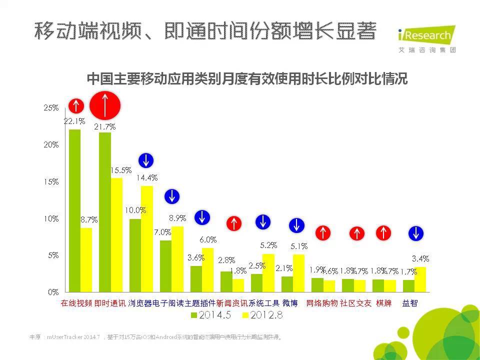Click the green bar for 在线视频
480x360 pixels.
click(74, 210)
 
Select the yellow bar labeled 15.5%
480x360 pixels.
click(116, 235)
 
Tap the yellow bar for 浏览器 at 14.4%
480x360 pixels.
click(147, 239)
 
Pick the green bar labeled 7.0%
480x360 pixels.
click(165, 266)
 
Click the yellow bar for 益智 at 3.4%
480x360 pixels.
click(421, 279)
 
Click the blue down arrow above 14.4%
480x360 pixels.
click(145, 160)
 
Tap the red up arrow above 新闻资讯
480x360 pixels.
click(234, 223)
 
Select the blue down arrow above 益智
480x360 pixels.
click(415, 233)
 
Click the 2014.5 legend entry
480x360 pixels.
click(210, 315)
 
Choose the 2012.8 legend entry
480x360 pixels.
click(262, 315)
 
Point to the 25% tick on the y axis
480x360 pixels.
click(51, 108)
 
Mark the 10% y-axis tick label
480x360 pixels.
click(51, 218)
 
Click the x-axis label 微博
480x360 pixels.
click(290, 303)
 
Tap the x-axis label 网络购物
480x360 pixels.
click(322, 303)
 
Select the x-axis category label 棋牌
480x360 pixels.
click(383, 303)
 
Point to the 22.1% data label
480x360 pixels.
click(74, 121)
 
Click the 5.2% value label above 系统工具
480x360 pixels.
click(268, 245)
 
